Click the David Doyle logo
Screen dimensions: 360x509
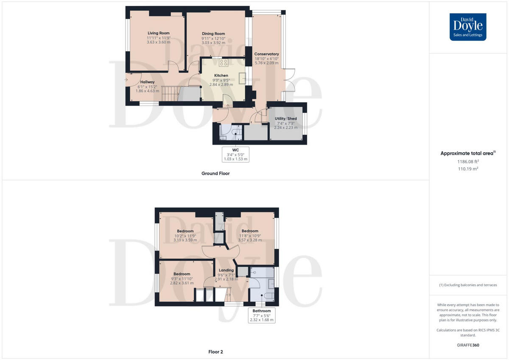pyautogui.click(x=468, y=27)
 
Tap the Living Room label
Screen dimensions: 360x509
pyautogui.click(x=159, y=33)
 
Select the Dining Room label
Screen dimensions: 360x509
pyautogui.click(x=213, y=33)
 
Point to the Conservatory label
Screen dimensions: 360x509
pyautogui.click(x=266, y=54)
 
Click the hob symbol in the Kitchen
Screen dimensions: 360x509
pyautogui.click(x=223, y=63)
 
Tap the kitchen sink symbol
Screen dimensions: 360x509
pyautogui.click(x=242, y=78)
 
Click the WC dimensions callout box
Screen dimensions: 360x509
pyautogui.click(x=236, y=154)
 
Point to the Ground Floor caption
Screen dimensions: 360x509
pyautogui.click(x=215, y=173)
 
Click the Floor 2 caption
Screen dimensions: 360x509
pyautogui.click(x=215, y=352)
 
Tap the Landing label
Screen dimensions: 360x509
pyautogui.click(x=226, y=270)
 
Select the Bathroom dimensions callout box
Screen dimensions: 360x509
pyautogui.click(x=262, y=315)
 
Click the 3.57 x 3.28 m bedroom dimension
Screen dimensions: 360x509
pyautogui.click(x=250, y=240)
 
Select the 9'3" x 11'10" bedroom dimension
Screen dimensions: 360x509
pyautogui.click(x=182, y=279)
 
